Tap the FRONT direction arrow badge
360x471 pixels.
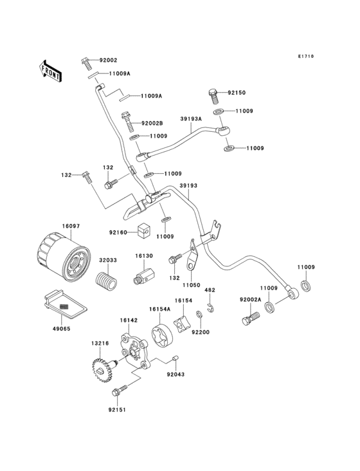click(x=51, y=70)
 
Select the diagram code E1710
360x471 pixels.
click(x=305, y=57)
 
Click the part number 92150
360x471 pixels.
click(x=237, y=93)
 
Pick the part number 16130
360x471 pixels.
click(x=143, y=256)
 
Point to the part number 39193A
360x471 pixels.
click(x=191, y=119)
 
